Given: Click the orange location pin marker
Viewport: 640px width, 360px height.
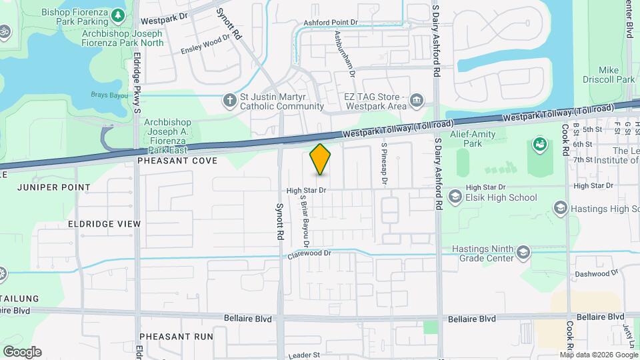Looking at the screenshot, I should pyautogui.click(x=321, y=159).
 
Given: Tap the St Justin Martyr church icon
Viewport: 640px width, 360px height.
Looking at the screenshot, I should pyautogui.click(x=229, y=101).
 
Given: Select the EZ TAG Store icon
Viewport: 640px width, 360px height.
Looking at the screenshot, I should pyautogui.click(x=417, y=101).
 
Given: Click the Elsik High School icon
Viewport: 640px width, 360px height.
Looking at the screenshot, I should pyautogui.click(x=455, y=197).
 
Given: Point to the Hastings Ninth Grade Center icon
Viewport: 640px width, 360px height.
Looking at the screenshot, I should pyautogui.click(x=523, y=253).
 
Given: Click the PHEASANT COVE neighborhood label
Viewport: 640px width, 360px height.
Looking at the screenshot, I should pyautogui.click(x=167, y=161).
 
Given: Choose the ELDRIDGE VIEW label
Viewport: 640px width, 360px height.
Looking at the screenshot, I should pyautogui.click(x=103, y=224).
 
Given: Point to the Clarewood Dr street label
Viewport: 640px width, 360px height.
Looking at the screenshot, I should pyautogui.click(x=309, y=253).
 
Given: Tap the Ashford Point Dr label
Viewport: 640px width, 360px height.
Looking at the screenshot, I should pyautogui.click(x=332, y=23).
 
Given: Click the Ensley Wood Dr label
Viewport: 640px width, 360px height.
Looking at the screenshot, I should pyautogui.click(x=209, y=45).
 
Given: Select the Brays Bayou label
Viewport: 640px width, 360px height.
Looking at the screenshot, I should pyautogui.click(x=108, y=95).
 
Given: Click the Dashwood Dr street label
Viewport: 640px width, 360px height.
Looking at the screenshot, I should pyautogui.click(x=597, y=273).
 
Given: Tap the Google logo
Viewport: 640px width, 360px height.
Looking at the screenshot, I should pyautogui.click(x=22, y=351).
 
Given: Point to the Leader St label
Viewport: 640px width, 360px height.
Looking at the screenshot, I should pyautogui.click(x=305, y=355).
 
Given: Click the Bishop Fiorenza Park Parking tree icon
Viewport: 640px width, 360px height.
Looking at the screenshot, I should pyautogui.click(x=117, y=14).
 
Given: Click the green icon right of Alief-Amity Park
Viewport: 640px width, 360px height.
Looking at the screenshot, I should pyautogui.click(x=539, y=144).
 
